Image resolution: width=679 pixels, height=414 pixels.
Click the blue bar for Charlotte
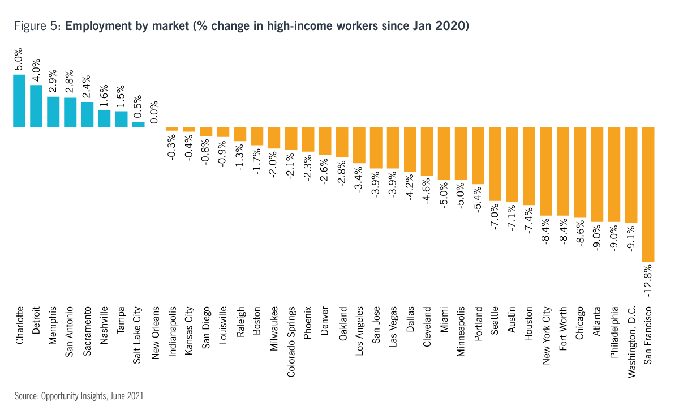[19, 101]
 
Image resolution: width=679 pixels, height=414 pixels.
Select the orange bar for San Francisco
[648, 194]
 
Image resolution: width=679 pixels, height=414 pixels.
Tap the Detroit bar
[36, 106]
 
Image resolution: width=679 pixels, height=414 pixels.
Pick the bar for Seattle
[495, 164]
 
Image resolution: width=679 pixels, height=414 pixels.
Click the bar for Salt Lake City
[138, 125]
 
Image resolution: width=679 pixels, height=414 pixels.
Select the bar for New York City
[546, 172]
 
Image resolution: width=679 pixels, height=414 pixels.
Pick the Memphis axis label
[53, 325]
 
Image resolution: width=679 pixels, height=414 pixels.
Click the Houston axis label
[529, 325]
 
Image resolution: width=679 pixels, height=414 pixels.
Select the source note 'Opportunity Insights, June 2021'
[92, 396]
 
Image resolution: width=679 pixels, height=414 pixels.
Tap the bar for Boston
[257, 136]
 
